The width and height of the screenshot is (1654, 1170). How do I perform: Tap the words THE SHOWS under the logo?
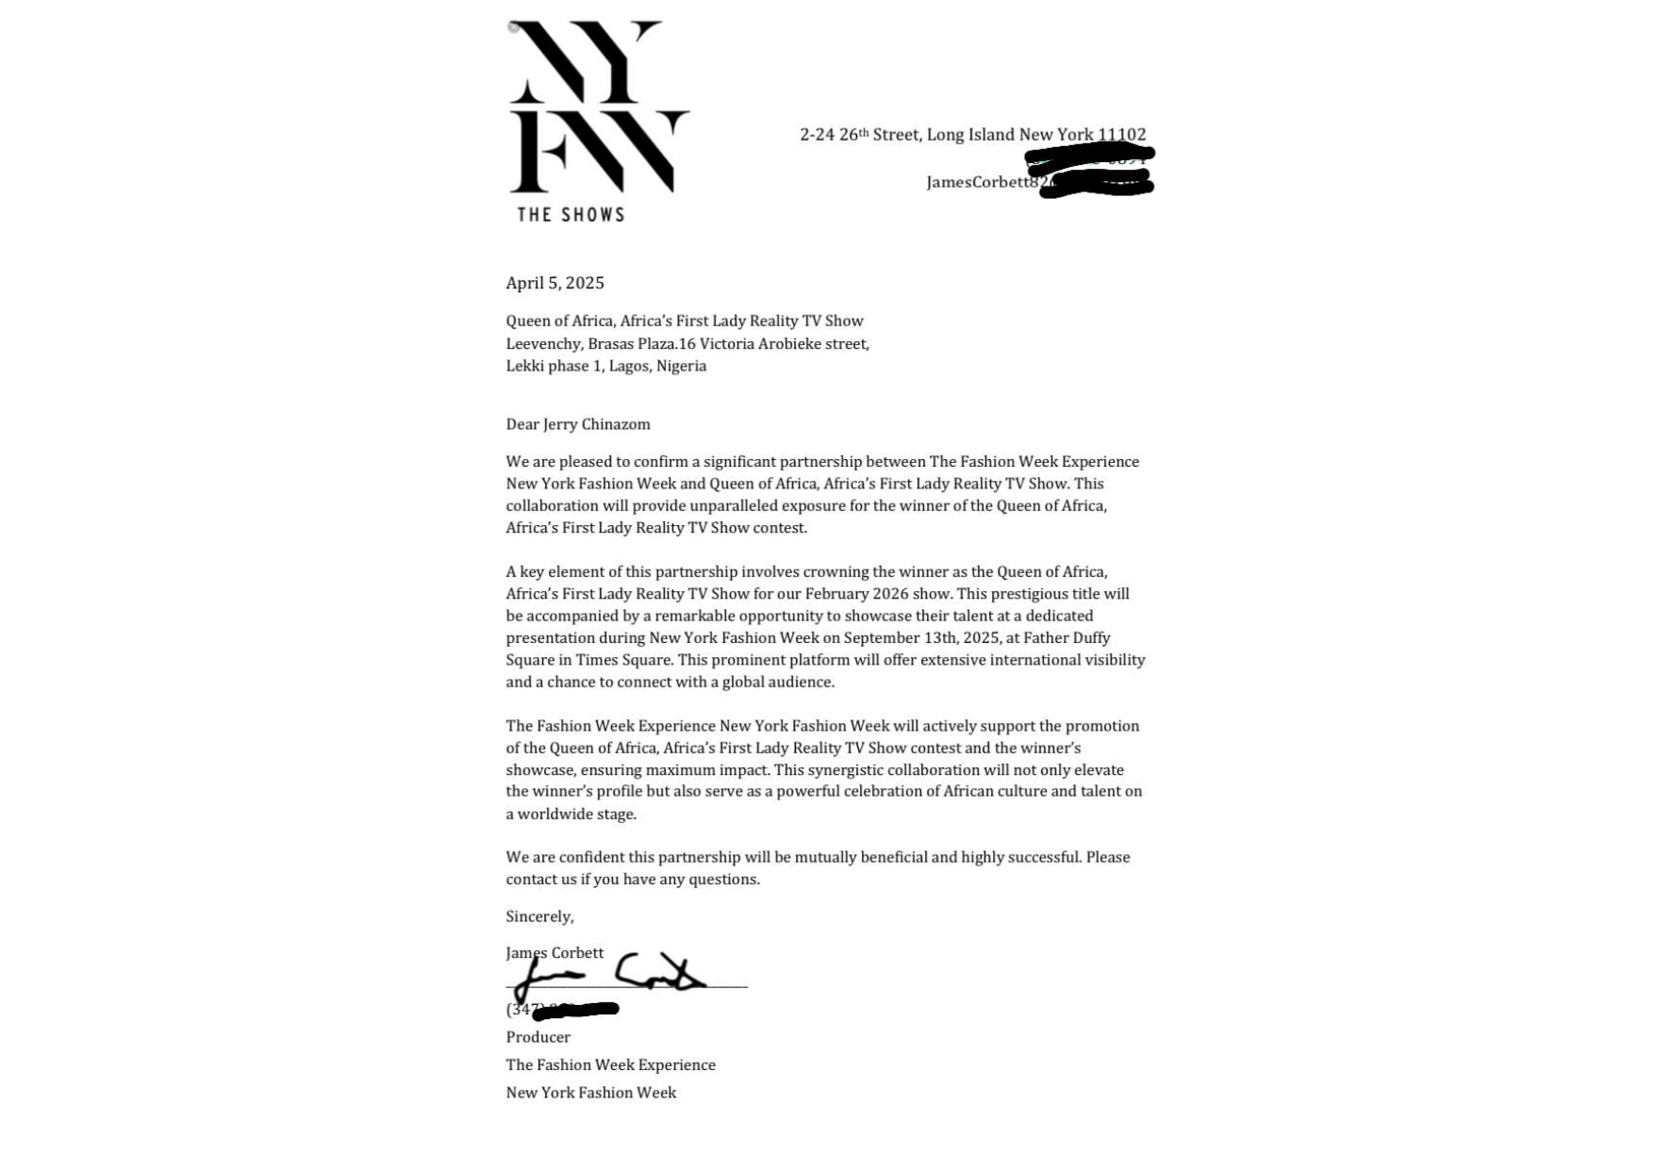coord(571,215)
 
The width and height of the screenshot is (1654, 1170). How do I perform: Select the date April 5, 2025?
coord(554,283)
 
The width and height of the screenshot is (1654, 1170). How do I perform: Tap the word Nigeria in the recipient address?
coord(681,366)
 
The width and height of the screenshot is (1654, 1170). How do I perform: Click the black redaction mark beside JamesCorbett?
coord(1092,170)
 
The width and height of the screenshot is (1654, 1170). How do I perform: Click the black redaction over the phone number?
coord(575,1011)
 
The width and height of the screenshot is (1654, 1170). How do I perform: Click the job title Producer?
coord(538,1037)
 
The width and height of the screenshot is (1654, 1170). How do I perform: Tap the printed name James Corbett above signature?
coord(554,953)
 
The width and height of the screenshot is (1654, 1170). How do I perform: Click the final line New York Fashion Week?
coord(590,1093)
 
